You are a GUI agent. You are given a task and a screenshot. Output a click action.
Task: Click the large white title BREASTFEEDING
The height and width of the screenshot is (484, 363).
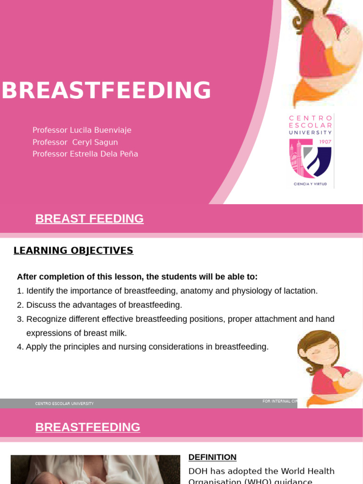[x=106, y=90]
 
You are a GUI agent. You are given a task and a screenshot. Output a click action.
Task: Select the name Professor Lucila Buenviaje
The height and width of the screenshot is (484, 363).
[x=82, y=130]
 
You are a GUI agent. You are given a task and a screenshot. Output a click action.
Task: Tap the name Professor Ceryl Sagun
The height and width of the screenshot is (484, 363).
[x=75, y=142]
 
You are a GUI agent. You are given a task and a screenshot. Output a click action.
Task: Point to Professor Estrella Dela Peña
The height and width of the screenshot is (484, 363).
[x=85, y=154]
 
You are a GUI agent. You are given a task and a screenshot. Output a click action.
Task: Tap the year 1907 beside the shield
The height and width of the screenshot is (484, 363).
[x=325, y=142]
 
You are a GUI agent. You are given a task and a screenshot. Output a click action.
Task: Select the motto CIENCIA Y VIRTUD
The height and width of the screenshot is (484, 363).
[x=310, y=183]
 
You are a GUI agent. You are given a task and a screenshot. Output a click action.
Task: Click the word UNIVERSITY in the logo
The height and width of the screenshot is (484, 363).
[x=310, y=133]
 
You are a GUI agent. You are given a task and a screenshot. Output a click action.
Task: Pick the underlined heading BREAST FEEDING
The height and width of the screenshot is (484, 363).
[x=89, y=219]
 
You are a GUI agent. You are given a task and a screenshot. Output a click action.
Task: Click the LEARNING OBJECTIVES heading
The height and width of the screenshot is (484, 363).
[x=73, y=251]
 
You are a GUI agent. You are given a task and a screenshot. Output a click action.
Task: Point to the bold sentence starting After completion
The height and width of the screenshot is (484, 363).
[x=137, y=277]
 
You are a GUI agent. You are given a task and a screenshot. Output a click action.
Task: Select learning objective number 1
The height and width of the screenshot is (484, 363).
[x=167, y=291]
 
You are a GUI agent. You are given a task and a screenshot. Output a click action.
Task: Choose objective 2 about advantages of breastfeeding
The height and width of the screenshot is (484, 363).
[x=99, y=305]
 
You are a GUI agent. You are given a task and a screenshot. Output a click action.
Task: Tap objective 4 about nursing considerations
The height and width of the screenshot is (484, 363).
[x=143, y=347]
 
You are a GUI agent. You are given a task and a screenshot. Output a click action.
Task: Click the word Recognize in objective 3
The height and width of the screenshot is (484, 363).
[x=48, y=319]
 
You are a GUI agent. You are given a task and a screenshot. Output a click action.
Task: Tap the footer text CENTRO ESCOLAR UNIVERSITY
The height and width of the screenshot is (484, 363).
[x=64, y=404]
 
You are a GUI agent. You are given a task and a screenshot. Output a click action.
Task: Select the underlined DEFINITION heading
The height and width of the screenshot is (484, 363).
[x=212, y=457]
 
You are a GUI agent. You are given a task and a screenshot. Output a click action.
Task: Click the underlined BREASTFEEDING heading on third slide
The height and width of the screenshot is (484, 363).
[x=87, y=427]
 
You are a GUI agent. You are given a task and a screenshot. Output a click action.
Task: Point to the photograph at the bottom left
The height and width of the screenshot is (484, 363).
[x=95, y=469]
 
